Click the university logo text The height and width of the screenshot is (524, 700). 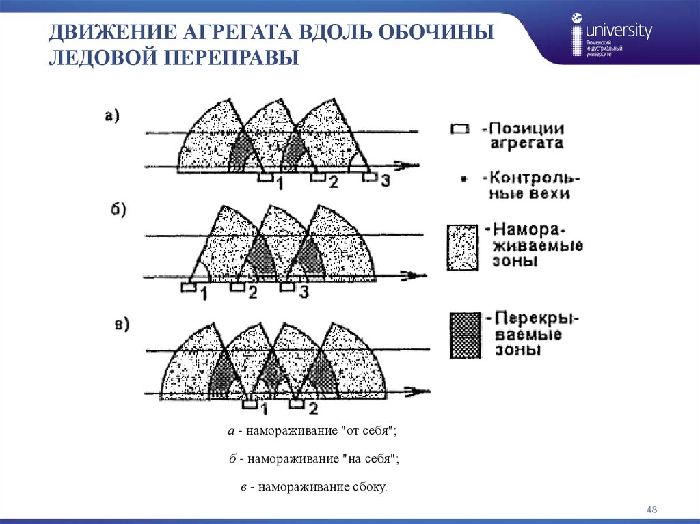[x=619, y=31]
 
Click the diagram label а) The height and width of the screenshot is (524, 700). [x=112, y=117]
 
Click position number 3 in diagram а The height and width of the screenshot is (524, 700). [x=386, y=180]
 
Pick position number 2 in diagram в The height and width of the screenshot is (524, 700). [x=313, y=409]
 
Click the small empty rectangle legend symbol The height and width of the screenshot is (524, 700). [x=459, y=129]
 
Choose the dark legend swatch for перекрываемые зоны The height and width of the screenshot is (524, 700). [x=466, y=334]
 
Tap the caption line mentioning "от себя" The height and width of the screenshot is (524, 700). [x=313, y=431]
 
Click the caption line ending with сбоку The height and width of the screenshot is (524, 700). [x=308, y=487]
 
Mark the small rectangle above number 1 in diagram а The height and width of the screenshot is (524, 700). [x=265, y=177]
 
